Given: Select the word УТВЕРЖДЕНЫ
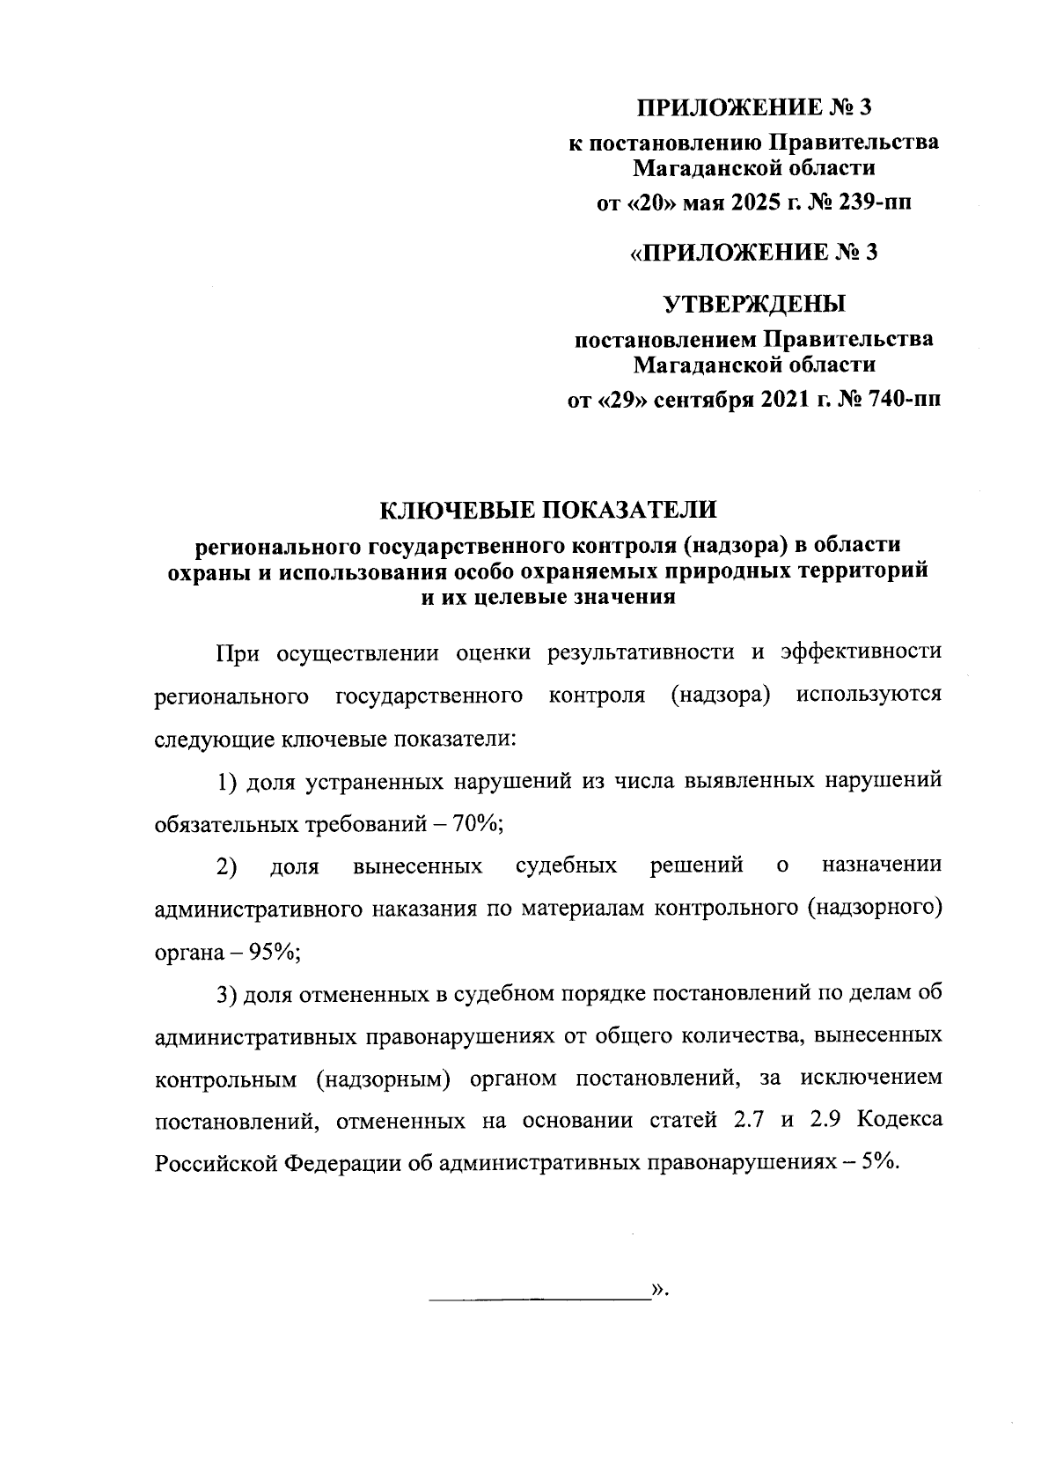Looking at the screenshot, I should click(753, 306).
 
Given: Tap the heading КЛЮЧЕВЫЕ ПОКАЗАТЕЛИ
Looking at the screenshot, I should click(548, 510).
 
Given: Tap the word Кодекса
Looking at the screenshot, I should click(899, 1120).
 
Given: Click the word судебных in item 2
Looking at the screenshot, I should click(566, 866).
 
